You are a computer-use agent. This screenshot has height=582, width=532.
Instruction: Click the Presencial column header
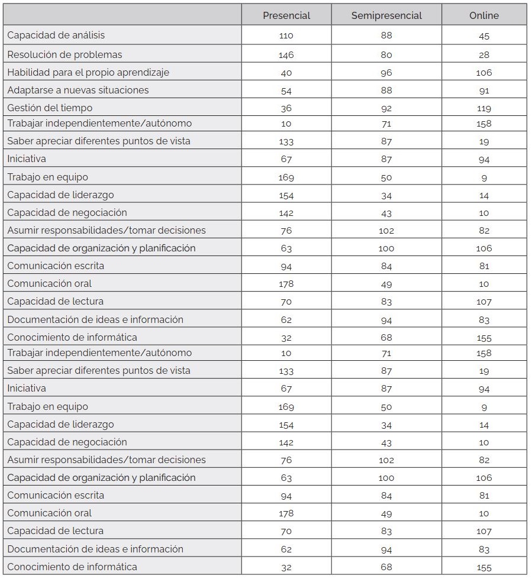[286, 15]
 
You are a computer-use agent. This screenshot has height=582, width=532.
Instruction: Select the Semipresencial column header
[386, 15]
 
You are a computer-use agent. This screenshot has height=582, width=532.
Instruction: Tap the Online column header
[484, 15]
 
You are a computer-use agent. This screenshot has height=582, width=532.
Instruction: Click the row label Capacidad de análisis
[56, 35]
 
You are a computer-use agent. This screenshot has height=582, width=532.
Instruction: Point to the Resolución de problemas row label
[65, 54]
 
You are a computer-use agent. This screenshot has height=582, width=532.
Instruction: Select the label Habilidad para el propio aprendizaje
[88, 72]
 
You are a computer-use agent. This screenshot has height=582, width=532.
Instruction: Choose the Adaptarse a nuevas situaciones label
[78, 90]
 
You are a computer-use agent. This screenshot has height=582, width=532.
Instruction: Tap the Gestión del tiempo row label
[50, 108]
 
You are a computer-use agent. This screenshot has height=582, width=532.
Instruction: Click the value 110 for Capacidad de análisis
[286, 35]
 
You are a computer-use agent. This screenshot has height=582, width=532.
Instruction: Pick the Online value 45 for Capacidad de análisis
[484, 35]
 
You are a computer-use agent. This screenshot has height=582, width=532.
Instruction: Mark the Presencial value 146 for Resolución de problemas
[286, 55]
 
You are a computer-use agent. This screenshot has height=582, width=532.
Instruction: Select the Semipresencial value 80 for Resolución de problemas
[386, 55]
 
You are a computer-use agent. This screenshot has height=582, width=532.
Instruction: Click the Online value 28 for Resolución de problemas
[484, 55]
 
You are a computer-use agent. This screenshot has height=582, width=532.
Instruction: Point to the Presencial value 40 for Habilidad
[286, 73]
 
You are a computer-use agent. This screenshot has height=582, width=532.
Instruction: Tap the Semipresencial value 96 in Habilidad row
[386, 73]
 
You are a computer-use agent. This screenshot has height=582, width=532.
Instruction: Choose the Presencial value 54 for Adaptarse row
[286, 90]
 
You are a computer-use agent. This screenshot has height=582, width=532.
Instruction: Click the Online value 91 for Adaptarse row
[484, 90]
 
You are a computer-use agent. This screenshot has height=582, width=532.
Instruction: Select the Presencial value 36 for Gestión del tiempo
[286, 108]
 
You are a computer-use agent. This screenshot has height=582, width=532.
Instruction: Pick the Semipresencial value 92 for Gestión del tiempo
[386, 108]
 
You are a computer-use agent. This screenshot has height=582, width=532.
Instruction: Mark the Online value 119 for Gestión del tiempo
[484, 108]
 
